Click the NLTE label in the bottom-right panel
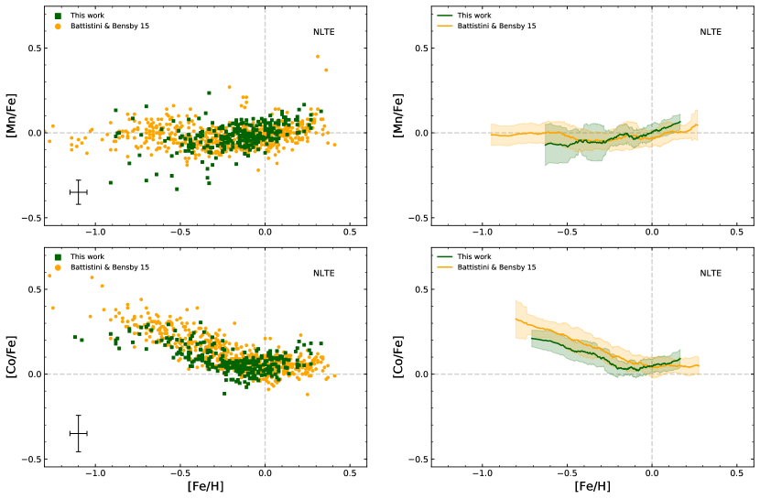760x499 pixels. pyautogui.click(x=711, y=273)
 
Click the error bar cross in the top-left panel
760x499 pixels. pyautogui.click(x=79, y=192)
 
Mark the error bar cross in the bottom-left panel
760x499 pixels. pyautogui.click(x=79, y=433)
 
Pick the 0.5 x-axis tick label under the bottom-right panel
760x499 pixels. pyautogui.click(x=737, y=474)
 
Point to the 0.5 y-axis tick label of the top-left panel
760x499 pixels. pyautogui.click(x=31, y=48)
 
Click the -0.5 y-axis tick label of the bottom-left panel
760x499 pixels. pyautogui.click(x=28, y=460)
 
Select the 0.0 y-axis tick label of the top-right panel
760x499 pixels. pyautogui.click(x=418, y=133)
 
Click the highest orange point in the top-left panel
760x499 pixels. pyautogui.click(x=318, y=56)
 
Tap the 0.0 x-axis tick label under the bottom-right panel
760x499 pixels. pyautogui.click(x=652, y=474)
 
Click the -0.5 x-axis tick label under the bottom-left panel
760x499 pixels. pyautogui.click(x=179, y=474)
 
